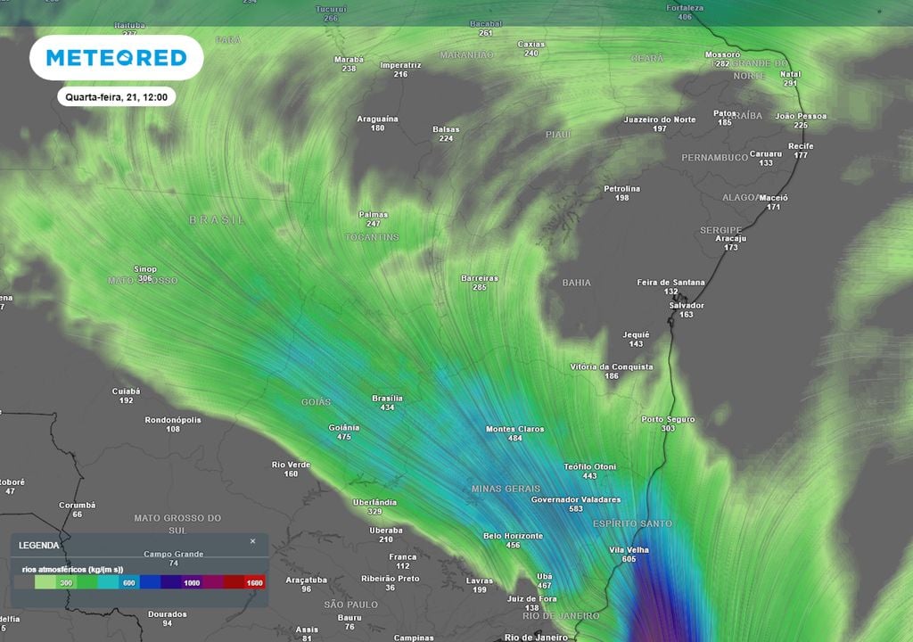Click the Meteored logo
coord(116,58)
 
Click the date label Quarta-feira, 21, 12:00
coord(116,96)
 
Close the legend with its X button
coord(252,541)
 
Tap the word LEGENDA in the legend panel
coord(39,545)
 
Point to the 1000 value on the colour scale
coord(191,582)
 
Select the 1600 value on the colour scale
coord(255,582)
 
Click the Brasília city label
coord(387,398)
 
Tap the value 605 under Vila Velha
coord(629,559)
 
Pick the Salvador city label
coord(686,305)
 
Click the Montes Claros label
coord(514,429)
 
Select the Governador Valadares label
coord(575,499)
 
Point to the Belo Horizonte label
coord(513,536)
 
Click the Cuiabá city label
coord(126,391)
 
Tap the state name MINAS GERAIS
coord(506,489)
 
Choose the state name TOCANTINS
coord(372,237)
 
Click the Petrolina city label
coord(621,188)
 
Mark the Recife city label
coord(801,145)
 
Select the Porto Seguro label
coord(668,419)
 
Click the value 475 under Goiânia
coord(344,437)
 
